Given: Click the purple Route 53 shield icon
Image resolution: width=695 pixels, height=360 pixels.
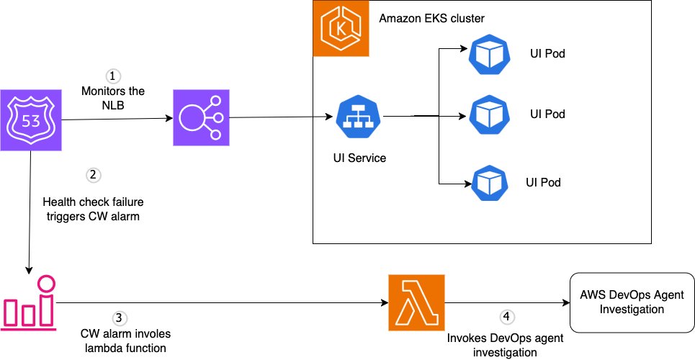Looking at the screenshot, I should click(x=30, y=119).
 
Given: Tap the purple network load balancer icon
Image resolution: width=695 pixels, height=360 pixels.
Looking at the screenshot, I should click(x=199, y=118).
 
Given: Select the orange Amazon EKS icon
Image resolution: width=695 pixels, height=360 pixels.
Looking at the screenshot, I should click(x=341, y=29).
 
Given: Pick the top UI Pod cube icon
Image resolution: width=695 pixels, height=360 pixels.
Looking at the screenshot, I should click(x=489, y=55).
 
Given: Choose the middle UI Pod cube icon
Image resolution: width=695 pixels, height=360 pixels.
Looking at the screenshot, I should click(x=489, y=114).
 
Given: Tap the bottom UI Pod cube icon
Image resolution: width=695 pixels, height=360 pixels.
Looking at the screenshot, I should click(x=489, y=182).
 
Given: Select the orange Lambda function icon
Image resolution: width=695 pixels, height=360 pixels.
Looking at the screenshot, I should click(x=415, y=301).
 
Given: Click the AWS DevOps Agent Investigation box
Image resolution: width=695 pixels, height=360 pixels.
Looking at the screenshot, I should click(x=632, y=301).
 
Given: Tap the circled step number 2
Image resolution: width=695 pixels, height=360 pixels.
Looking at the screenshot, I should click(x=92, y=175).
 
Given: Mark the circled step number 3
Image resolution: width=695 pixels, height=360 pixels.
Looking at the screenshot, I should click(x=120, y=317).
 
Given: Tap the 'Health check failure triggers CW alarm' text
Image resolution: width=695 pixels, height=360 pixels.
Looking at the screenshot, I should click(x=91, y=210).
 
